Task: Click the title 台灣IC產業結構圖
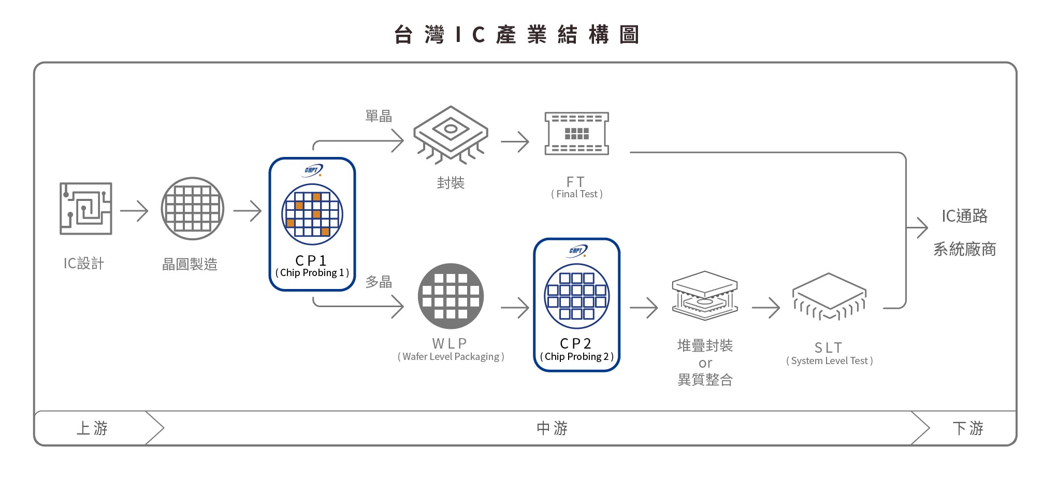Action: [x=516, y=35]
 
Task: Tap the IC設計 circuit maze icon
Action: [x=85, y=208]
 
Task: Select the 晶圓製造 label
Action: [x=190, y=264]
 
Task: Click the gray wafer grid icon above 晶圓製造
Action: [x=192, y=208]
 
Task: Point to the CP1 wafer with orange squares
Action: [x=312, y=214]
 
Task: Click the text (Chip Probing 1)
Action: [x=312, y=273]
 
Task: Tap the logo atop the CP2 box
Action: [x=577, y=251]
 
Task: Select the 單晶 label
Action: [x=379, y=116]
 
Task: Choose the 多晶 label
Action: [x=379, y=282]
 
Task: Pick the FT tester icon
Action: [x=576, y=134]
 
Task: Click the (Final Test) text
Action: [x=576, y=194]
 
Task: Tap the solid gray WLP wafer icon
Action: [x=451, y=296]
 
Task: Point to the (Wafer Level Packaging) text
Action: [x=451, y=357]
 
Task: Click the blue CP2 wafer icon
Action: [x=576, y=296]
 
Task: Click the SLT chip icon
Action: [x=829, y=297]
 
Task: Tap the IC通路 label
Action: [x=964, y=216]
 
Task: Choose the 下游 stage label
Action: [x=967, y=428]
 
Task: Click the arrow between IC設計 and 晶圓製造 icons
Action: [x=134, y=211]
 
